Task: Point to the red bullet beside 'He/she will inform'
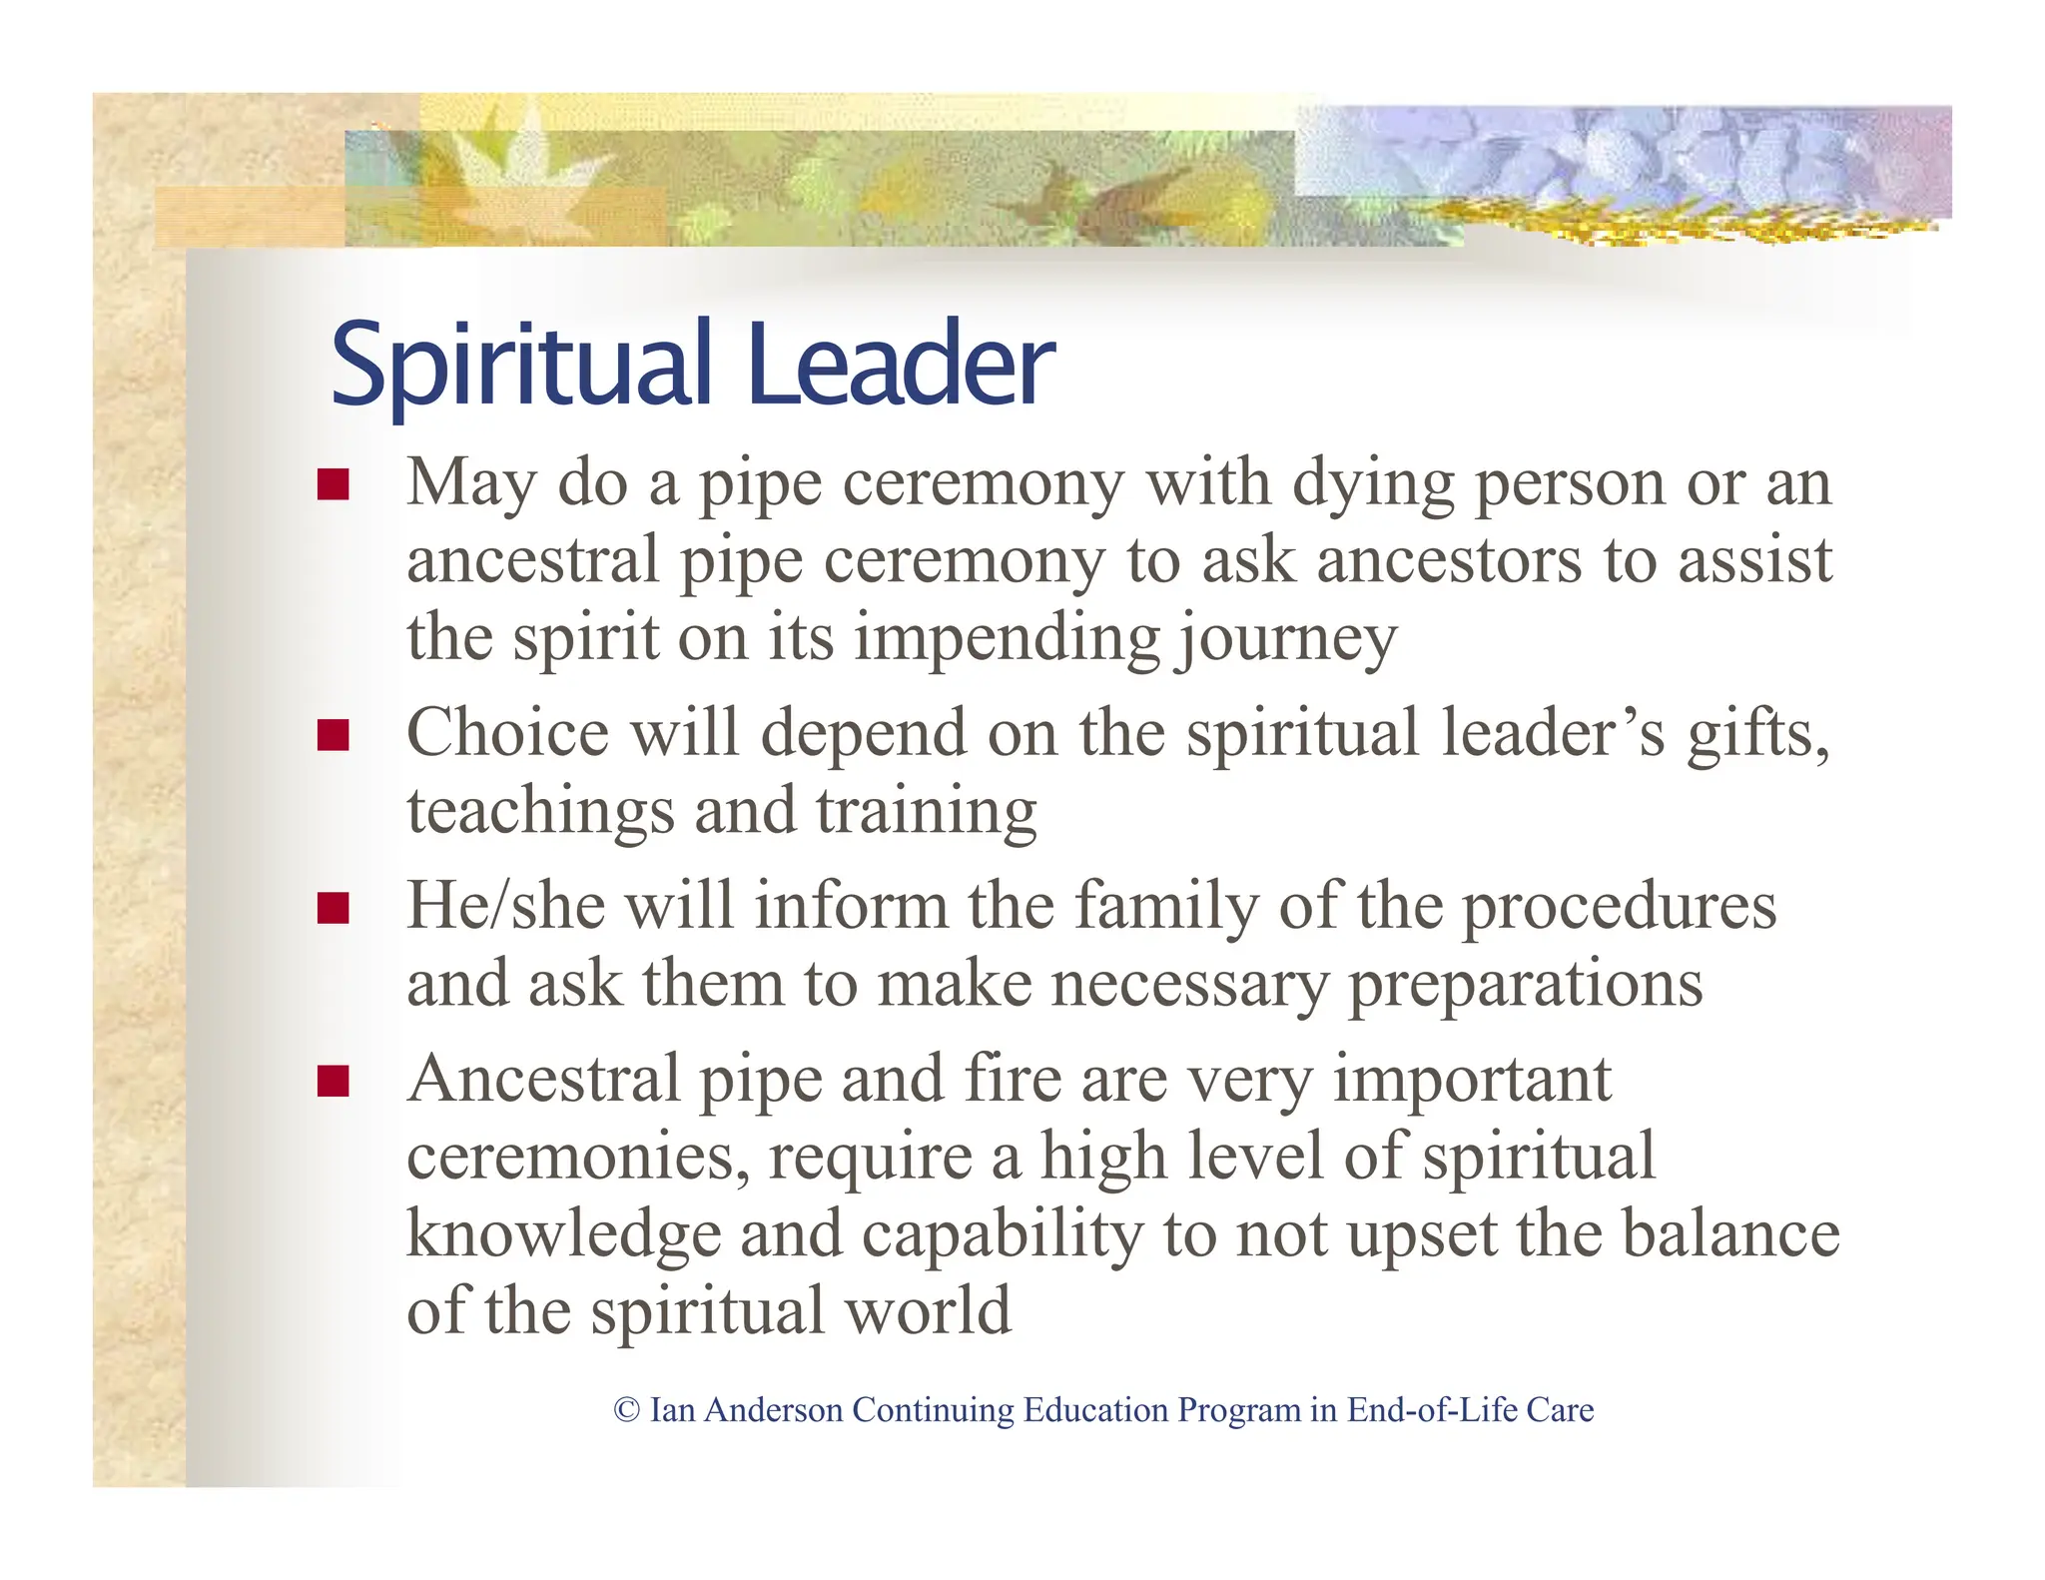click(333, 908)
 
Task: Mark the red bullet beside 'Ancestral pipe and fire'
click(333, 1081)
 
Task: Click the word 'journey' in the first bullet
click(1285, 639)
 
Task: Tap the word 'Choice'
click(507, 734)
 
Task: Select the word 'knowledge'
click(563, 1235)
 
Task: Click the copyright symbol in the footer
click(626, 1410)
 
